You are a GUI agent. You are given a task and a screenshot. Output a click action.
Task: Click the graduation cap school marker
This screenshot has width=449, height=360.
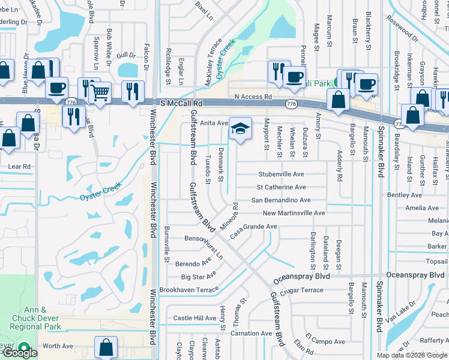[240, 129]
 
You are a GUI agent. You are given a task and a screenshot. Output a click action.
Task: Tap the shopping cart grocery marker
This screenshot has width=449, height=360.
[100, 92]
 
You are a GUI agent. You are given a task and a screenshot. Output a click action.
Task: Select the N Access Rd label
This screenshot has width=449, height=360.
[253, 96]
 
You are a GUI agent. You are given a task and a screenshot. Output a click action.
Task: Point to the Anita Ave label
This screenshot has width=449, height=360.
[214, 123]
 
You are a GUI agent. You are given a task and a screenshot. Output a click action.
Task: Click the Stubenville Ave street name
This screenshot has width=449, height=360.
[282, 175]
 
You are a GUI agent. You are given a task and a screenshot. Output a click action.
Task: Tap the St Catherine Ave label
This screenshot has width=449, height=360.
[282, 187]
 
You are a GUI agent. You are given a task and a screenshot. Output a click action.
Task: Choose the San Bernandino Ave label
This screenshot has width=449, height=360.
[281, 200]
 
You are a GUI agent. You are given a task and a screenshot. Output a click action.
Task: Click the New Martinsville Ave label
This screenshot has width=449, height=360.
[294, 213]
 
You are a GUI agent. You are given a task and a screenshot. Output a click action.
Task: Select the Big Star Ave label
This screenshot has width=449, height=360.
[199, 277]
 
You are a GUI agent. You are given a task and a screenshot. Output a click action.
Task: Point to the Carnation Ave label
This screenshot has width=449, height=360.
[252, 333]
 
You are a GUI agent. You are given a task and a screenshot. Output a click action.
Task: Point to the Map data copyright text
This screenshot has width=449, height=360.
[412, 355]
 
